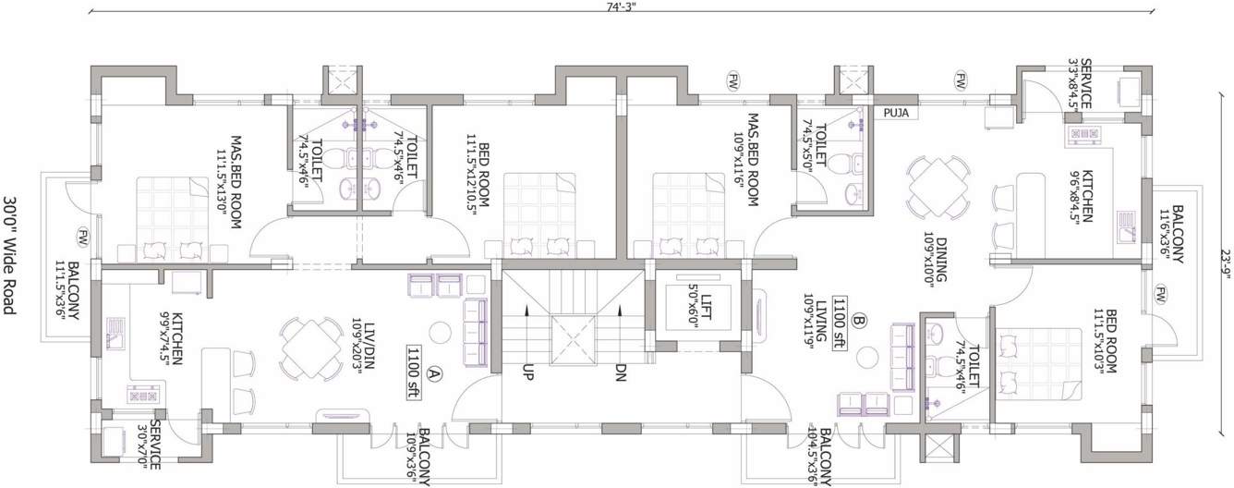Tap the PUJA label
[x=896, y=113]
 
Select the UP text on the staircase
[x=528, y=372]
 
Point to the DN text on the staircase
[x=620, y=372]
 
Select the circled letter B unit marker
[x=859, y=322]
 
